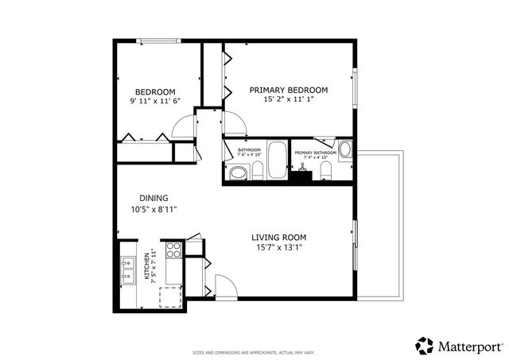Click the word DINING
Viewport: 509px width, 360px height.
[x=153, y=198]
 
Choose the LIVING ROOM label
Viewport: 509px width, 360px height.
[x=278, y=237]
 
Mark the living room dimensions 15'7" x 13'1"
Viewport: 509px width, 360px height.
[x=278, y=248]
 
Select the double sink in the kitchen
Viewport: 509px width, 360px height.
[x=127, y=269]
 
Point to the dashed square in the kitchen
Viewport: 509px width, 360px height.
[x=171, y=297]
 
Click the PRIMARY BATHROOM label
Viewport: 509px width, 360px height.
[x=316, y=152]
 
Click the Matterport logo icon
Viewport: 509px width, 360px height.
[x=425, y=346]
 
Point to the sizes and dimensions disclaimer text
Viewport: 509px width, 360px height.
[x=254, y=352]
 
